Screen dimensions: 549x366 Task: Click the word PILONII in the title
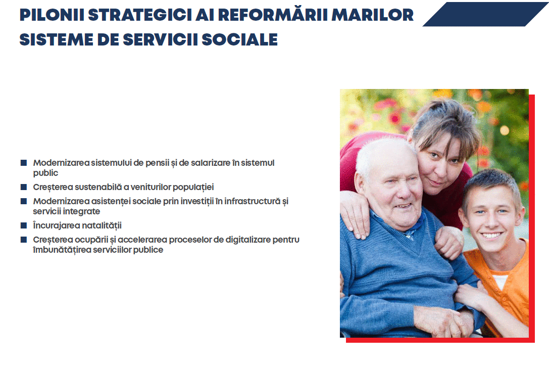click(52, 15)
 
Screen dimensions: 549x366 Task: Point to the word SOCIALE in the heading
click(240, 39)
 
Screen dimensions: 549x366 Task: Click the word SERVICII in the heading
click(161, 39)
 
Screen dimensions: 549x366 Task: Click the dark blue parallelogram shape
click(485, 14)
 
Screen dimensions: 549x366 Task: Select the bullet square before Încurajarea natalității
click(24, 225)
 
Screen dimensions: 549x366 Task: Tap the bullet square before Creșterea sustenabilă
click(24, 187)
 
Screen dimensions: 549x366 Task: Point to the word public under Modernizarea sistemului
click(45, 173)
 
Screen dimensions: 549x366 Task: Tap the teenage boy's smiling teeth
click(491, 236)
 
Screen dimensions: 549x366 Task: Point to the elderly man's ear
click(360, 185)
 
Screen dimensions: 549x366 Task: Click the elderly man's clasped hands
click(444, 321)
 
